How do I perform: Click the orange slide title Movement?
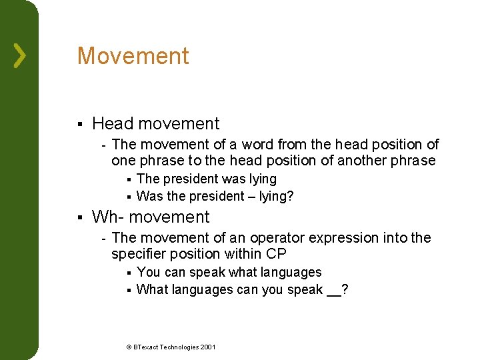pyautogui.click(x=133, y=56)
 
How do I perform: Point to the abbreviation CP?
pyautogui.click(x=275, y=254)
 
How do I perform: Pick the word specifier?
pyautogui.click(x=137, y=254)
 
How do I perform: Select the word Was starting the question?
pyautogui.click(x=150, y=196)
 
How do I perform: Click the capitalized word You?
pyautogui.click(x=148, y=272)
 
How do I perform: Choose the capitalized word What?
pyautogui.click(x=152, y=289)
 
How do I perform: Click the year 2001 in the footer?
pyautogui.click(x=208, y=347)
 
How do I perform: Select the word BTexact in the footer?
pyautogui.click(x=147, y=347)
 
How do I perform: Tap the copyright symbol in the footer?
pyautogui.click(x=129, y=347)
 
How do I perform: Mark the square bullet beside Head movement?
pyautogui.click(x=79, y=124)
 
